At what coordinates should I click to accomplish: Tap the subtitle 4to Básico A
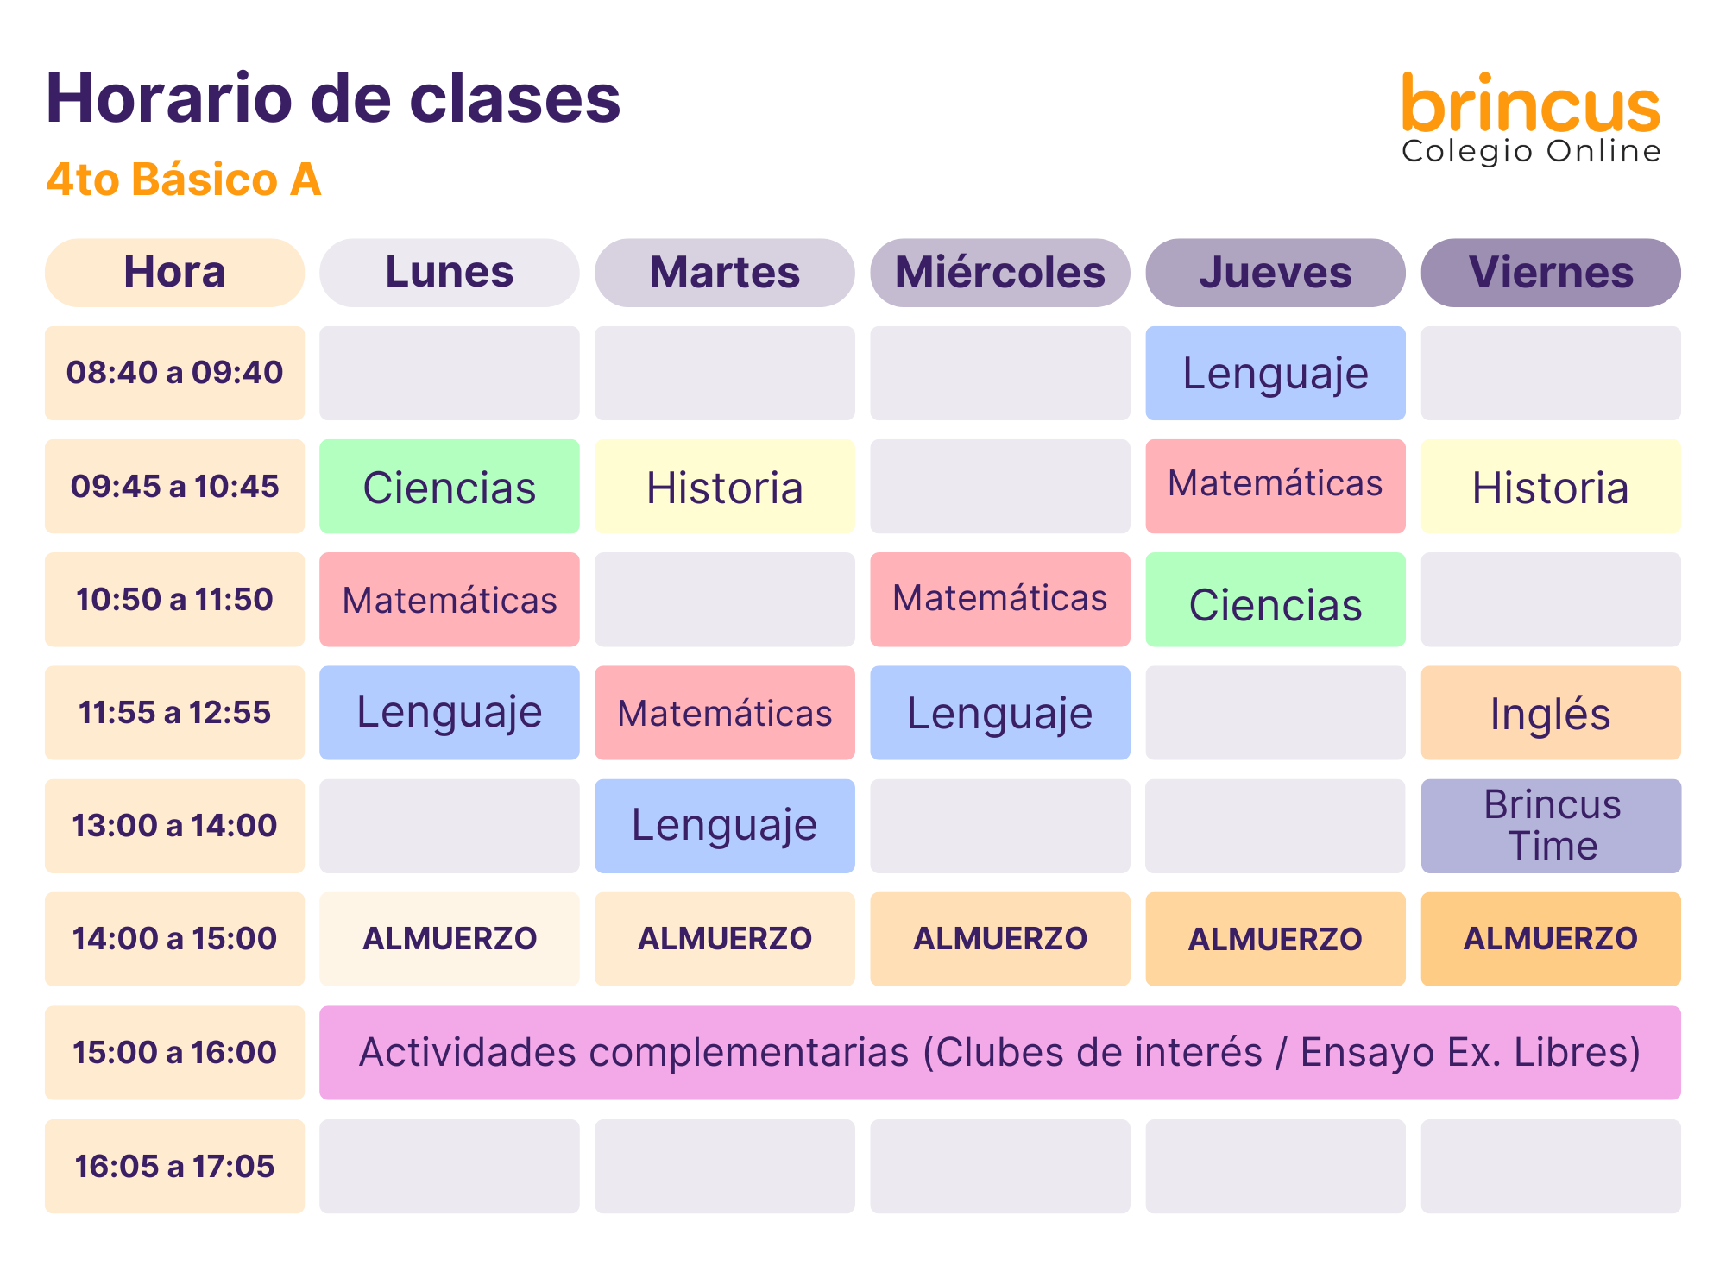coord(183,180)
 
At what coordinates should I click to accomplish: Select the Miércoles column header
coord(1000,273)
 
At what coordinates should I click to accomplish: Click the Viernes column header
coord(1551,273)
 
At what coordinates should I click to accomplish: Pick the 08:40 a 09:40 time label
coord(174,373)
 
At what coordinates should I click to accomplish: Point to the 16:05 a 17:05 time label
coord(174,1166)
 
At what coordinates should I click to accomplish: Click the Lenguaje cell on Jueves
coord(1276,373)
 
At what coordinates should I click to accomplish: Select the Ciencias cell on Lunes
coord(450,486)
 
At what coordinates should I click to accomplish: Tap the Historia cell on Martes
coord(725,486)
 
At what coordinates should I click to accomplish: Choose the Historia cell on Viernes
coord(1551,486)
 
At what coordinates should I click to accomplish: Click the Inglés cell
coord(1551,713)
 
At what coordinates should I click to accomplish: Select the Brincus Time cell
coord(1551,826)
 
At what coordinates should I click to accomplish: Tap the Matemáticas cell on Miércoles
coord(1000,600)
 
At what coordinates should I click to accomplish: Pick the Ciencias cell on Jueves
coord(1276,600)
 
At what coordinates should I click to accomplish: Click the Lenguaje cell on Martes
coord(725,826)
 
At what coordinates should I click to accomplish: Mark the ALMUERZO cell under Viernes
coord(1551,939)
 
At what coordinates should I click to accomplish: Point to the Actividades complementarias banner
coord(1000,1053)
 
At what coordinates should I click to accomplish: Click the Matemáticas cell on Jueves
coord(1276,486)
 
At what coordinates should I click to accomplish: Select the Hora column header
coord(174,273)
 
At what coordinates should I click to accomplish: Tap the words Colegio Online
coord(1531,152)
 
